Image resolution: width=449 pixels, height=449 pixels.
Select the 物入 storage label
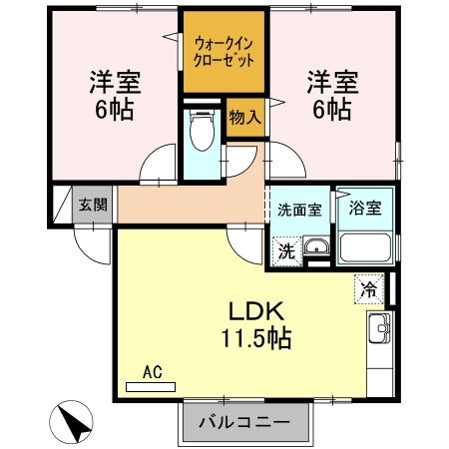pyautogui.click(x=245, y=116)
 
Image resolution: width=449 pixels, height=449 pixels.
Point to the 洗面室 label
pyautogui.click(x=298, y=211)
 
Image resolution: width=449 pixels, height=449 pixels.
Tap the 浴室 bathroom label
pyautogui.click(x=365, y=210)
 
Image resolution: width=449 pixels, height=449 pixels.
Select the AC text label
pyautogui.click(x=153, y=372)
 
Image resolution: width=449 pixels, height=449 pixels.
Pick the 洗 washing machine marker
pyautogui.click(x=285, y=249)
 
